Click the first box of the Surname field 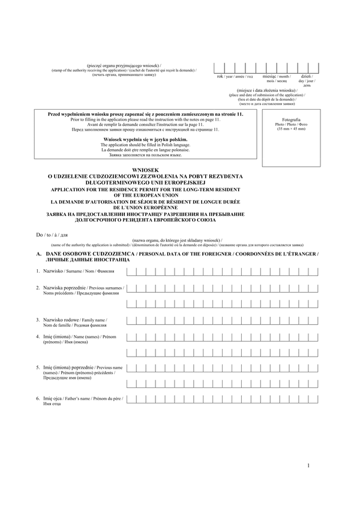(131, 272)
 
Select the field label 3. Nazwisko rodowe (64, 320)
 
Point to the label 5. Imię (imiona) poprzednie (69, 366)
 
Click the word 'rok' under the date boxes (220, 77)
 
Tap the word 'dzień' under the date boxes (306, 77)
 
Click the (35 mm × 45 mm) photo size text (290, 129)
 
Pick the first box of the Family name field (131, 320)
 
